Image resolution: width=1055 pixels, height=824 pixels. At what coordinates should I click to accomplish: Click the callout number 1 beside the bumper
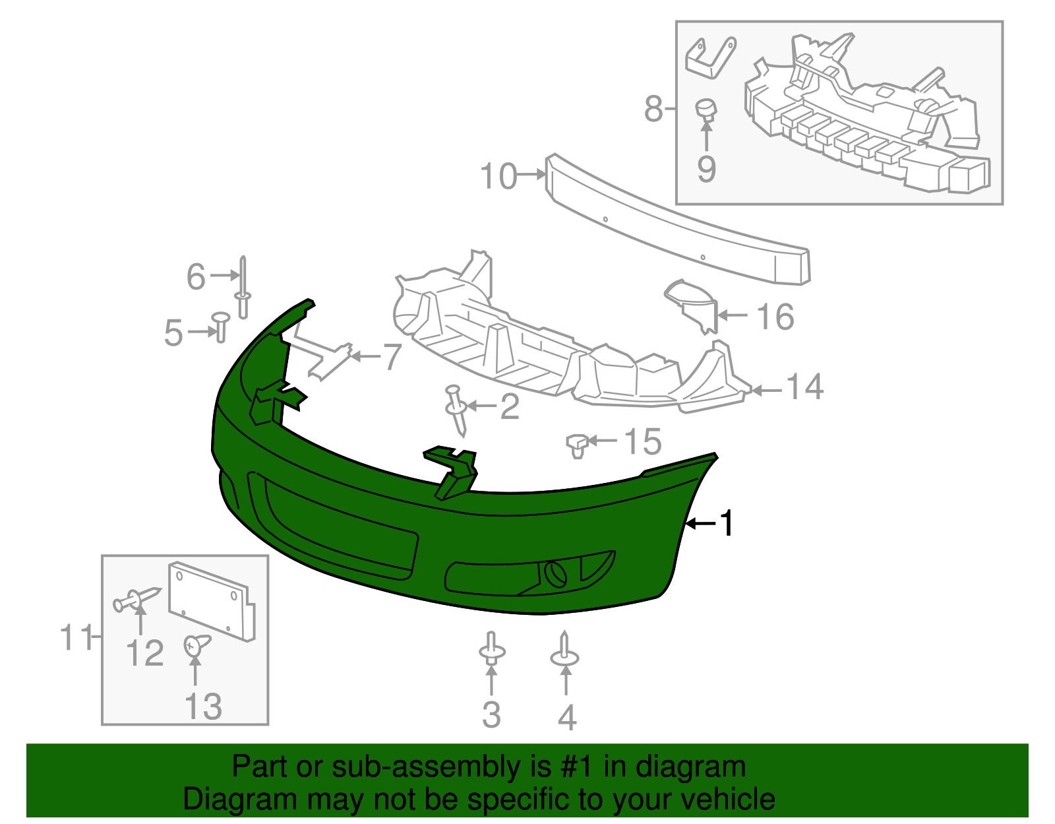727,524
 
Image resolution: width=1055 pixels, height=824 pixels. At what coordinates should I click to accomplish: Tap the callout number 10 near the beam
498,177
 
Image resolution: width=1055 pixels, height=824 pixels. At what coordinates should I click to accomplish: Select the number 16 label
775,317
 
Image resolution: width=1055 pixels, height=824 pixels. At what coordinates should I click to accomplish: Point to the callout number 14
804,387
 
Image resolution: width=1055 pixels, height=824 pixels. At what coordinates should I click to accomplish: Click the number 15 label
643,442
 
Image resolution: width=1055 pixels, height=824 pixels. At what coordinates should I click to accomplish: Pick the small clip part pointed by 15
578,446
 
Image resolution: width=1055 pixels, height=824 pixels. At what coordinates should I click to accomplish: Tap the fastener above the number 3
491,650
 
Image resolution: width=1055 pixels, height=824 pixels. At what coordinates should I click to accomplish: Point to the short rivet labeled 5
220,327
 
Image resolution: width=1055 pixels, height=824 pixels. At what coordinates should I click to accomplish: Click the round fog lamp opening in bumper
555,573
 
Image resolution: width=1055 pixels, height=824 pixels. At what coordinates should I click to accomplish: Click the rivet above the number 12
136,599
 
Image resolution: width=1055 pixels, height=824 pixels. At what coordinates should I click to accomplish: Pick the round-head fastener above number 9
706,110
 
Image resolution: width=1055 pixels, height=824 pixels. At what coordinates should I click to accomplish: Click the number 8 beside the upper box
653,109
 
